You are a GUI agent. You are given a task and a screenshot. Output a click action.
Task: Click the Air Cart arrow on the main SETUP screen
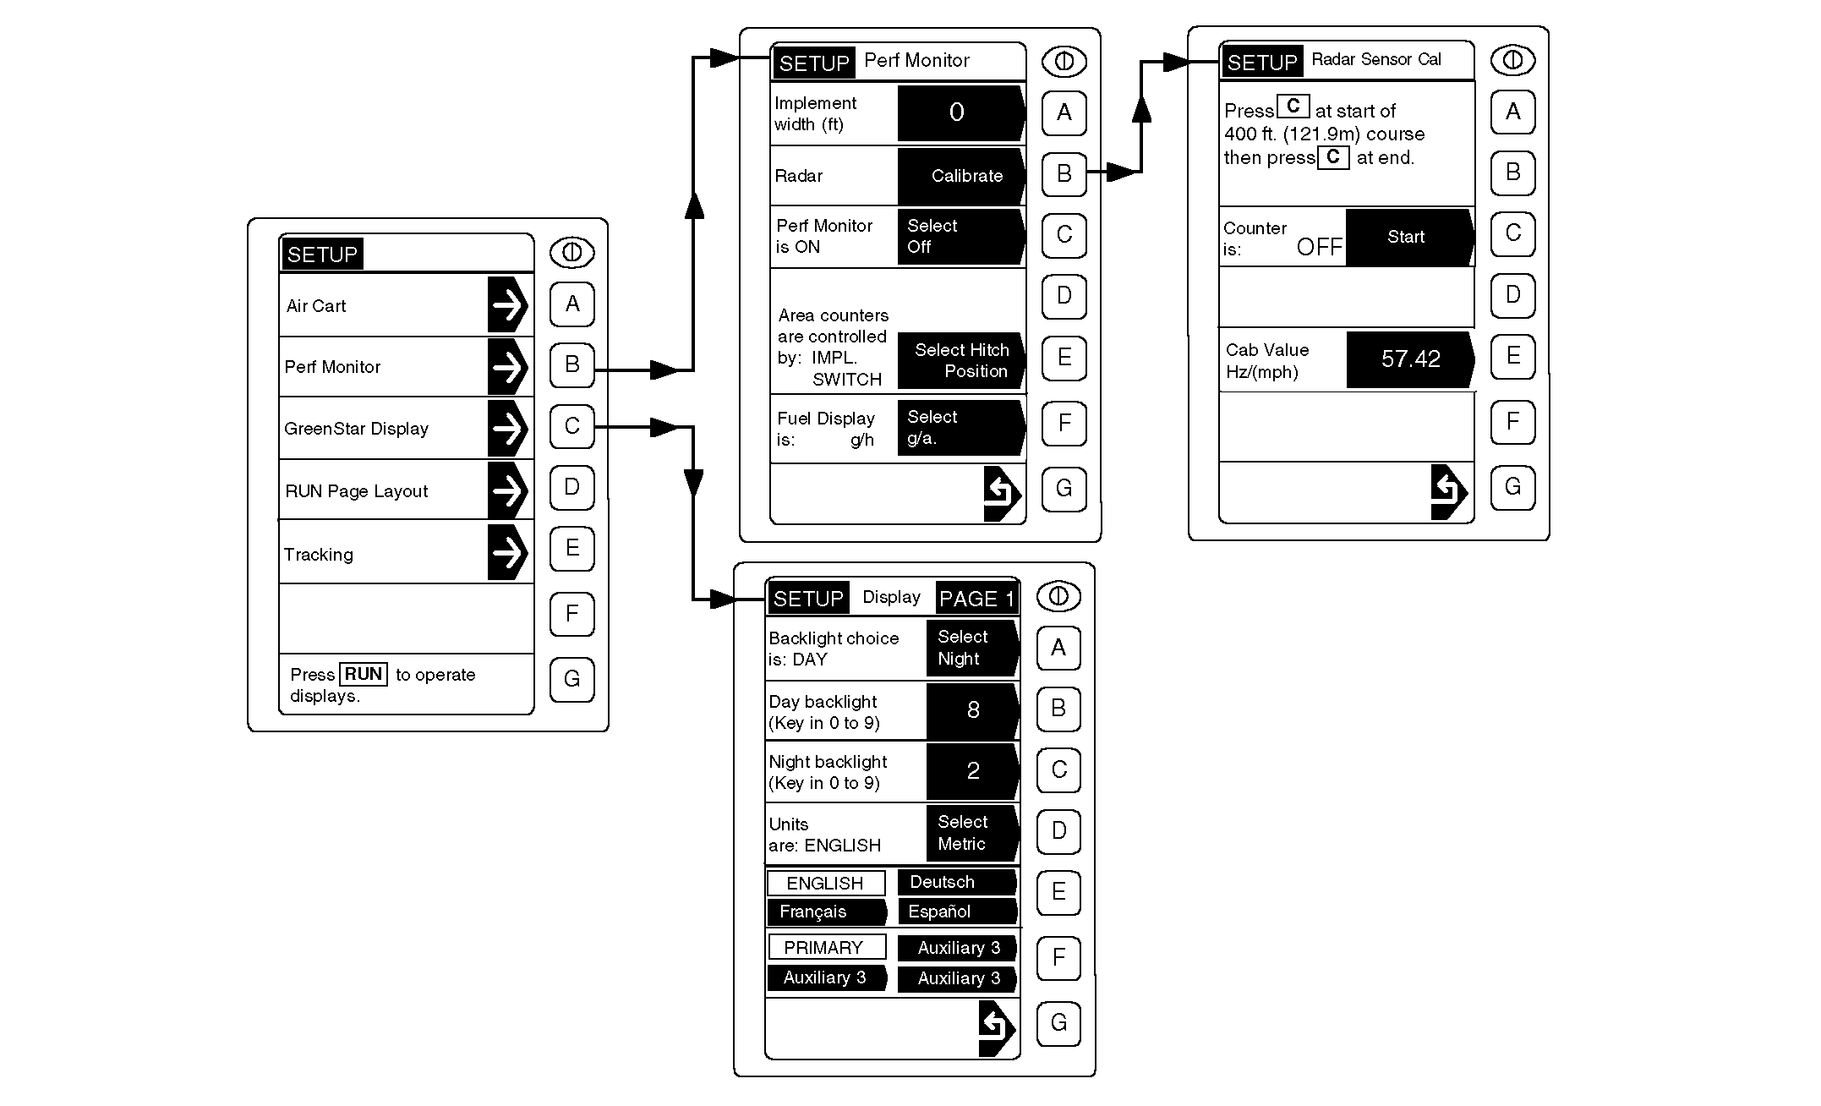click(x=508, y=304)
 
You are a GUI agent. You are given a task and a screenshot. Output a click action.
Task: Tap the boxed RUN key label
click(x=364, y=674)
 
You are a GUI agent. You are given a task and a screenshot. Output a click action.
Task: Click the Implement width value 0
click(x=959, y=112)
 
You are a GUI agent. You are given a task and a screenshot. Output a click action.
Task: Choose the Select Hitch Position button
click(x=961, y=360)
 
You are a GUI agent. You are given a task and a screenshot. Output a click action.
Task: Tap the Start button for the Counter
click(x=1408, y=238)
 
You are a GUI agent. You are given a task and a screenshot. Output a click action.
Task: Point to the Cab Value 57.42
click(x=1409, y=359)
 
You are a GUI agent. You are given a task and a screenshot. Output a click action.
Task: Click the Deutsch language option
click(x=955, y=882)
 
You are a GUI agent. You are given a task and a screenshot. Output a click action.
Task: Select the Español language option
click(x=955, y=912)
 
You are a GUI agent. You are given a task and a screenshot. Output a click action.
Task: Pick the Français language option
click(x=825, y=912)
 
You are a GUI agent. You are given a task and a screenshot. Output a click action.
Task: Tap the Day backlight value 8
click(x=972, y=710)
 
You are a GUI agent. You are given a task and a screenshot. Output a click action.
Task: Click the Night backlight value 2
click(x=972, y=770)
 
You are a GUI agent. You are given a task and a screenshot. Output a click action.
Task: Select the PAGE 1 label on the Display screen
click(x=976, y=599)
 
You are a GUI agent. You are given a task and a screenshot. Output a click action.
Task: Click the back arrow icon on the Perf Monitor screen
click(x=1002, y=493)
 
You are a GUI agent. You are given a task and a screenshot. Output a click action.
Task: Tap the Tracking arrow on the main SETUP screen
click(x=508, y=553)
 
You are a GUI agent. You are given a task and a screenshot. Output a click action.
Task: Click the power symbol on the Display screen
click(x=1058, y=596)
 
